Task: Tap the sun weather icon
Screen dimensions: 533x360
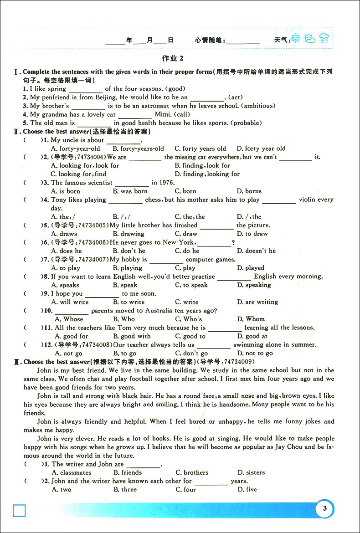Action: click(296, 38)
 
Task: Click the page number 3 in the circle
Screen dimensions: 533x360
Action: click(324, 508)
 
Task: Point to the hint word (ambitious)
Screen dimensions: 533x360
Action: click(258, 106)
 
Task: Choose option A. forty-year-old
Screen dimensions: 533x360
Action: click(76, 149)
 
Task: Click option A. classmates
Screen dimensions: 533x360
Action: click(71, 473)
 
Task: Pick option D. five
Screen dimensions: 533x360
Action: click(247, 490)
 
